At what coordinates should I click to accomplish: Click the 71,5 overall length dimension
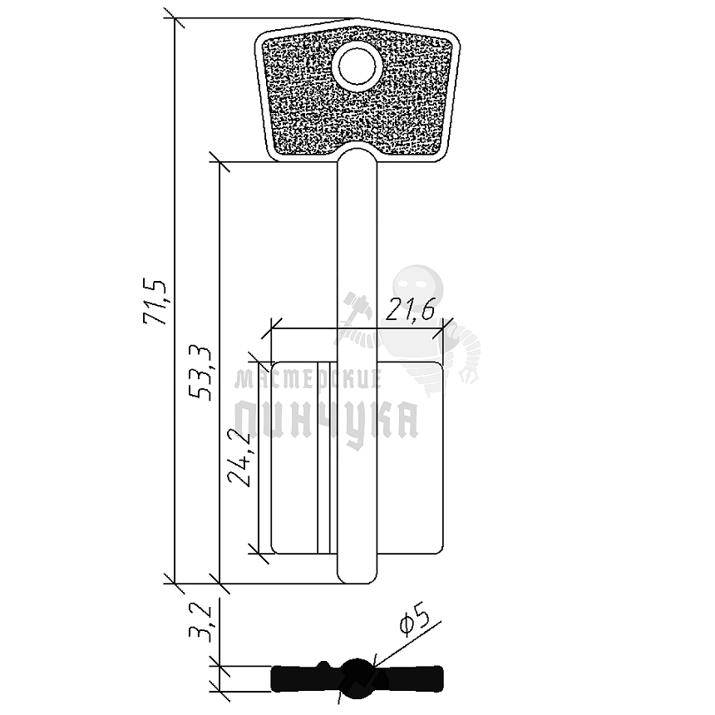pos(155,301)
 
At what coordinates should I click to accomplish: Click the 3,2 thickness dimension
pos(200,623)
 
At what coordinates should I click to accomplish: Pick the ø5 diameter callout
pos(413,623)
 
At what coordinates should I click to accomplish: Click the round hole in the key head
pos(357,66)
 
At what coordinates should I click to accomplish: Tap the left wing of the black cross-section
pos(299,678)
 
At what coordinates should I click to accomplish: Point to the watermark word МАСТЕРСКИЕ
pos(308,380)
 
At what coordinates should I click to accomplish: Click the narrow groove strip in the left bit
pos(323,457)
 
